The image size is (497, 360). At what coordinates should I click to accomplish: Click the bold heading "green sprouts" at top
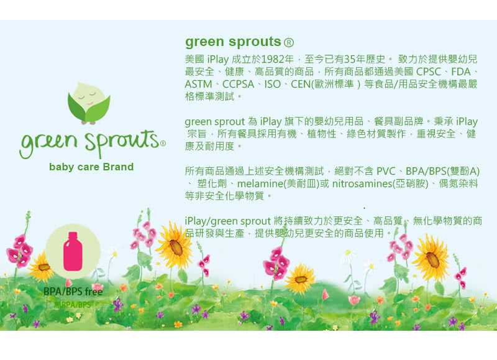[x=233, y=42]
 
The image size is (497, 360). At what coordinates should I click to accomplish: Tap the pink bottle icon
[x=73, y=251]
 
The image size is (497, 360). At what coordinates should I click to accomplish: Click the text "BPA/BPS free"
[x=73, y=291]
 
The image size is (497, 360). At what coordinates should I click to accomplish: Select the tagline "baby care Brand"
[x=91, y=167]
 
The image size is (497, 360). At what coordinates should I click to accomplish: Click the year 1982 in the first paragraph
[x=273, y=59]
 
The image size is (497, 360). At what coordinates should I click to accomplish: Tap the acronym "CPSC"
[x=428, y=72]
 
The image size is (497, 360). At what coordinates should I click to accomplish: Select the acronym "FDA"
[x=461, y=72]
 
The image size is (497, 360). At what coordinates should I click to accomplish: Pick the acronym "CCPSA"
[x=238, y=85]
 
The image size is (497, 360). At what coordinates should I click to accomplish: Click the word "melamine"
[x=260, y=183]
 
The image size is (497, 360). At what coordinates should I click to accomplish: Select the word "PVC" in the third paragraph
[x=386, y=171]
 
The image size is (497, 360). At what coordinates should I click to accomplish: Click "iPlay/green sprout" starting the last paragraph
[x=228, y=221]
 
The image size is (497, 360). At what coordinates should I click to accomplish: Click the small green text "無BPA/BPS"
[x=73, y=305]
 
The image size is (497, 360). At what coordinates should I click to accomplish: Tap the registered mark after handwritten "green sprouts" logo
[x=163, y=144]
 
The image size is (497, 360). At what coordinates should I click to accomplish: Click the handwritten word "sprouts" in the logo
[x=122, y=142]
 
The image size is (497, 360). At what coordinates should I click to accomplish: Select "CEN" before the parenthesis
[x=301, y=85]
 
